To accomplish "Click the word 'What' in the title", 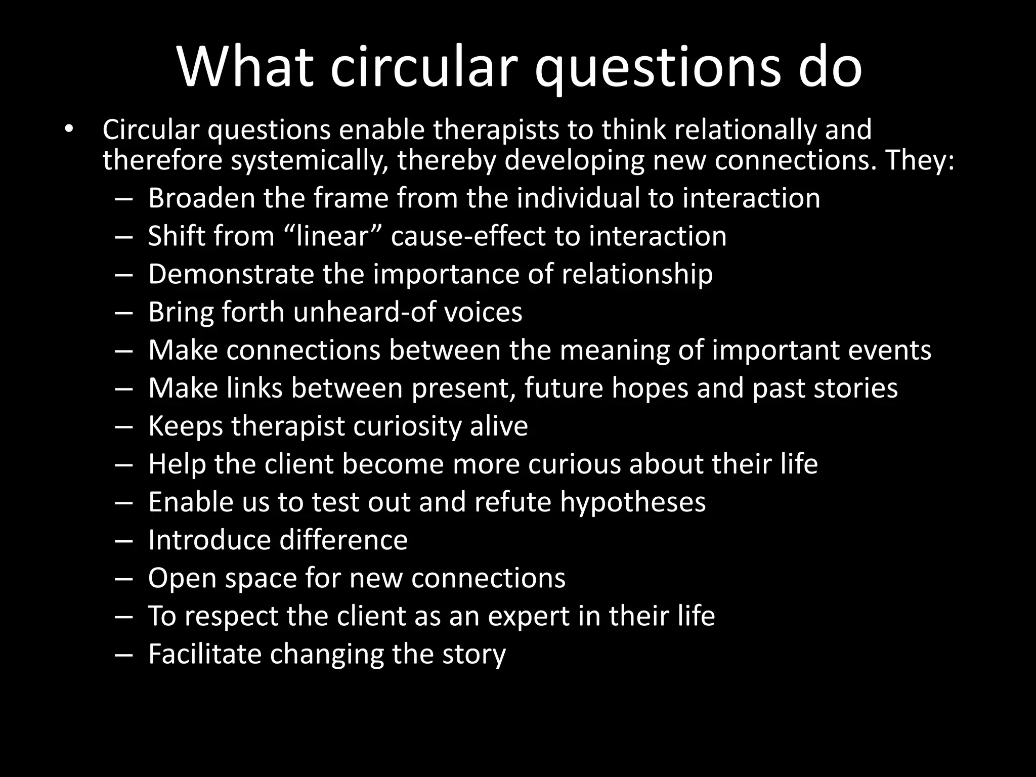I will click(x=245, y=68).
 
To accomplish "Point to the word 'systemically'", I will click(x=310, y=161).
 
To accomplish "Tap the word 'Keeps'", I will click(x=185, y=426).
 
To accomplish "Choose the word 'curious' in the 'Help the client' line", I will click(x=574, y=464).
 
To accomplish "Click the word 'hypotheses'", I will click(x=632, y=502).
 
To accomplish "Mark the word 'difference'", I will click(x=343, y=540).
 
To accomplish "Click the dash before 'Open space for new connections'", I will click(x=123, y=578).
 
